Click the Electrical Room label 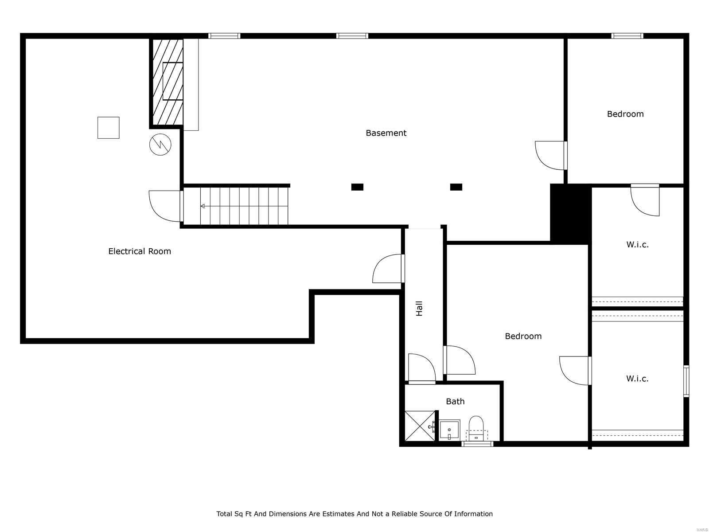click(x=140, y=251)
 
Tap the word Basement click(x=386, y=133)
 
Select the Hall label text click(x=419, y=308)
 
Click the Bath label click(x=455, y=401)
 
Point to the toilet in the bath click(x=476, y=428)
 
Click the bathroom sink click(x=450, y=430)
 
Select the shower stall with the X click(x=420, y=426)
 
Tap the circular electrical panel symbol click(x=160, y=144)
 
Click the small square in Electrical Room click(x=109, y=128)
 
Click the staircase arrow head click(x=203, y=206)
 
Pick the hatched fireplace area click(x=168, y=82)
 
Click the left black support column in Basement click(x=357, y=187)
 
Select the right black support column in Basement click(x=456, y=187)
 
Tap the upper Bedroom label click(x=625, y=114)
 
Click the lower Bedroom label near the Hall click(x=523, y=336)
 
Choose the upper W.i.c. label click(x=637, y=244)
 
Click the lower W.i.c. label click(x=637, y=379)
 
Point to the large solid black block click(x=570, y=214)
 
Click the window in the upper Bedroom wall click(x=627, y=36)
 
